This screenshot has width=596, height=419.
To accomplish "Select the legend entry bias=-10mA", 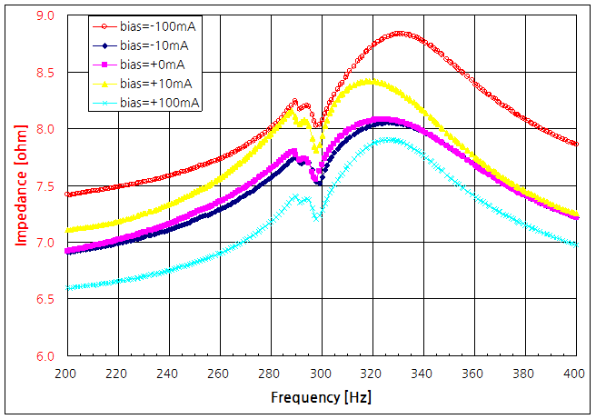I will (x=154, y=45).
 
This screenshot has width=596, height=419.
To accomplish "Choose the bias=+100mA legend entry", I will (x=159, y=102).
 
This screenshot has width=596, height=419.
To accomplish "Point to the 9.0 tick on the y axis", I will (x=45, y=16).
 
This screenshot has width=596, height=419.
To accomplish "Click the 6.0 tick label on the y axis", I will (x=45, y=356).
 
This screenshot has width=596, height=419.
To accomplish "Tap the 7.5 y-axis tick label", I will (x=45, y=186).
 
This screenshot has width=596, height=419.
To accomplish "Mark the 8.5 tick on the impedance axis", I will (x=45, y=73).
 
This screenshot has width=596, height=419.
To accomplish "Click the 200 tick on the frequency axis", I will (x=65, y=373).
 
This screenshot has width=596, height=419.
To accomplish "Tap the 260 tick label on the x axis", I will (x=219, y=373).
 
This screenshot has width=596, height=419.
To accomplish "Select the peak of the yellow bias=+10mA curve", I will (x=370, y=81).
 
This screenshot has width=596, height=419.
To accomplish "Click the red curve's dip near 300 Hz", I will (x=317, y=125).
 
